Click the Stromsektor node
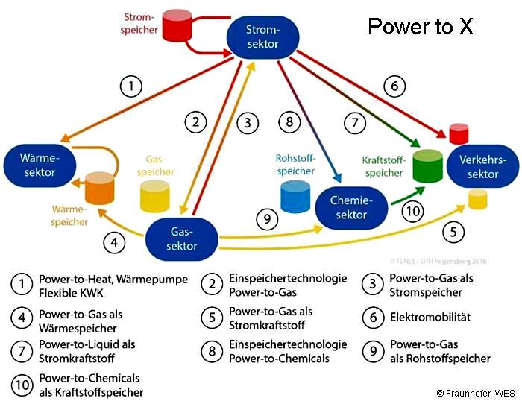pos(262,37)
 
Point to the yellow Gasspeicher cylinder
pos(157,194)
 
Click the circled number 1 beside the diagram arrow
pos(132,87)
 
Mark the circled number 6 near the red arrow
pos(394,86)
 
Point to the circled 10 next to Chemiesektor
pos(412,212)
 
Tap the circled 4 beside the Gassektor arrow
pos(114,242)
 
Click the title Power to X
pos(421,28)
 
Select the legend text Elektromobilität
pos(430,318)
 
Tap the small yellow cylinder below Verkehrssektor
pos(478,199)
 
